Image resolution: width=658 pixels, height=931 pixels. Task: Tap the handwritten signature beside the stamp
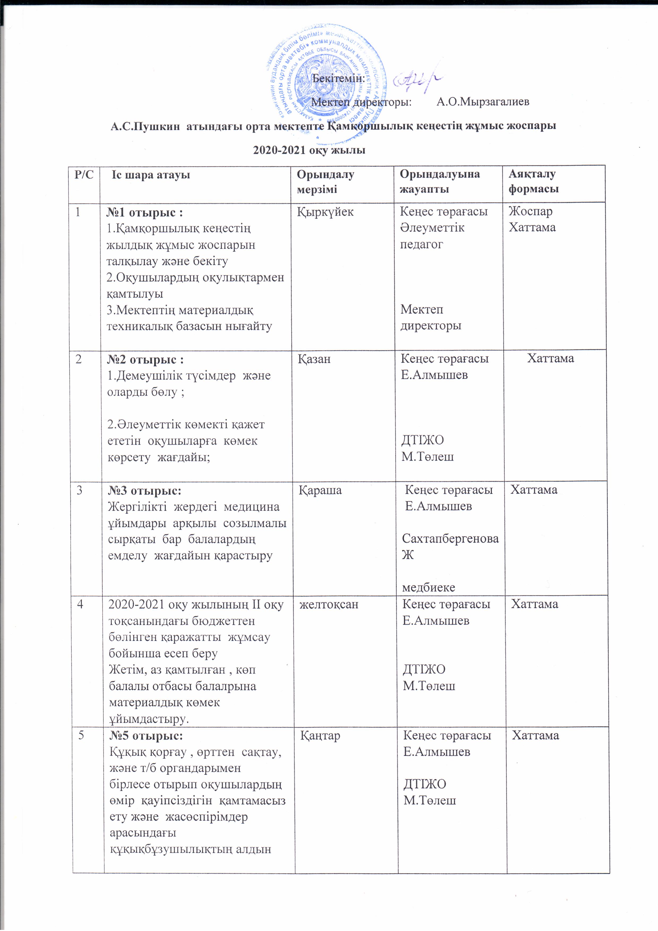(418, 81)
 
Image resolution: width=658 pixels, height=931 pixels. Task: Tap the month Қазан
(315, 359)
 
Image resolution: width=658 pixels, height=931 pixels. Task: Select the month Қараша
(320, 490)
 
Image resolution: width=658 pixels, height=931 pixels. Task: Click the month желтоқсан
(329, 605)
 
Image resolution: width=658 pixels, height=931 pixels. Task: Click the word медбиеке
(428, 587)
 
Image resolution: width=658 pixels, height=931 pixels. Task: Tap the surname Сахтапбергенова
(450, 538)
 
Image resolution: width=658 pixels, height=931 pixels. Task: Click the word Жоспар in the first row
(531, 212)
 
